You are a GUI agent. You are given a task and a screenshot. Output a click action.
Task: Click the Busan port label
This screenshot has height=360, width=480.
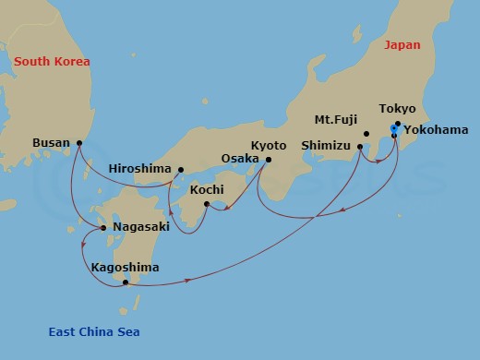click(x=50, y=143)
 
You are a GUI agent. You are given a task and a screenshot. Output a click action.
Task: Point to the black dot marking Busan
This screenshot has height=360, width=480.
click(x=79, y=143)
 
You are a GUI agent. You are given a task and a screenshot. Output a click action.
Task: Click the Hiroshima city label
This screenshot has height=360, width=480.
click(x=139, y=169)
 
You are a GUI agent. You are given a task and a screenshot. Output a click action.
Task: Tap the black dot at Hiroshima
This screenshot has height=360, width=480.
click(x=181, y=169)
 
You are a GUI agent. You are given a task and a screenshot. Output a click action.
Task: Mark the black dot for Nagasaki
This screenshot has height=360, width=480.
click(x=103, y=227)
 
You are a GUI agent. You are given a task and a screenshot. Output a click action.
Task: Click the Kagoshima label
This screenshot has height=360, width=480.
click(x=126, y=268)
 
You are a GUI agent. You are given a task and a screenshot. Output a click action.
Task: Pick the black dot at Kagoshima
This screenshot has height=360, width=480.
click(x=126, y=282)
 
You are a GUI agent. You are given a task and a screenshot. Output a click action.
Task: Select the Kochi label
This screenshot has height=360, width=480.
click(x=206, y=189)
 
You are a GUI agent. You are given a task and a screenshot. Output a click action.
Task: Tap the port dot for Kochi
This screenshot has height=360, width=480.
click(x=207, y=203)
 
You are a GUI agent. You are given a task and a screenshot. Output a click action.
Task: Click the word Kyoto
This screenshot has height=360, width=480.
click(x=269, y=146)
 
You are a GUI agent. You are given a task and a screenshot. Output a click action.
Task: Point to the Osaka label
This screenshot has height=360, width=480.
click(x=240, y=159)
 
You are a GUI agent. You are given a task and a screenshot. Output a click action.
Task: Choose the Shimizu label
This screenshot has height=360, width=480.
click(x=326, y=146)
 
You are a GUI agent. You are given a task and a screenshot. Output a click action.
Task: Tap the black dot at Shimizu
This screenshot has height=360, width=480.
click(x=360, y=146)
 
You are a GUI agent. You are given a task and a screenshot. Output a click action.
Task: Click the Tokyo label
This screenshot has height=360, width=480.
click(x=398, y=109)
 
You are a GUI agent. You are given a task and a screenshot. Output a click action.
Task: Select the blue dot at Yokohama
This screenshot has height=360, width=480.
click(x=394, y=129)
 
